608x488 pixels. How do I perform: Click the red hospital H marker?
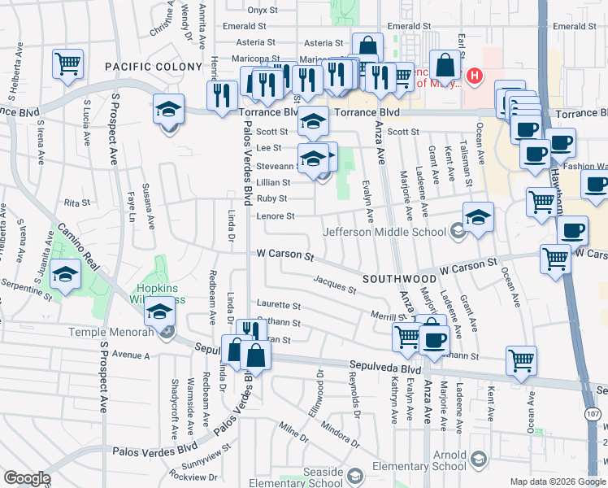pyautogui.click(x=476, y=77)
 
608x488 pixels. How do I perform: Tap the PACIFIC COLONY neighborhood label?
pyautogui.click(x=153, y=66)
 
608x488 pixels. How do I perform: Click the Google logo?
pyautogui.click(x=27, y=478)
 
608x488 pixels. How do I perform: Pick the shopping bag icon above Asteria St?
pyautogui.click(x=367, y=46)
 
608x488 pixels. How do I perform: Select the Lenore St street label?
pyautogui.click(x=275, y=216)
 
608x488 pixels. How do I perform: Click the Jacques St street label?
pyautogui.click(x=335, y=285)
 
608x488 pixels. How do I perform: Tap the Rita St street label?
pyautogui.click(x=75, y=202)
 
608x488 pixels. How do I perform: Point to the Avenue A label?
pyautogui.click(x=131, y=355)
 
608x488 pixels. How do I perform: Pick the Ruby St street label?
pyautogui.click(x=271, y=198)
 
